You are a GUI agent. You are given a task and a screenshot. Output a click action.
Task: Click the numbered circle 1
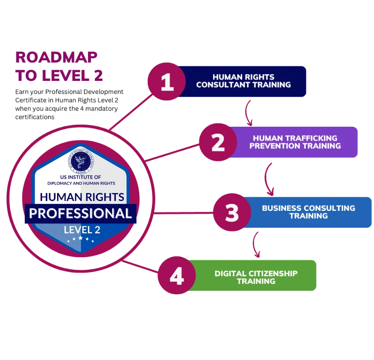(x=167, y=82)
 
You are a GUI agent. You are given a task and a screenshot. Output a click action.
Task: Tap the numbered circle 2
(x=218, y=142)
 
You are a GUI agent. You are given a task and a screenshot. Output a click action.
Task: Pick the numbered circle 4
(x=176, y=277)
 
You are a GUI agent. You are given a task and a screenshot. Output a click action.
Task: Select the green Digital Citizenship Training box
(x=256, y=277)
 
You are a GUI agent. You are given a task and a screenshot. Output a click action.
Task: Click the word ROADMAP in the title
(x=56, y=58)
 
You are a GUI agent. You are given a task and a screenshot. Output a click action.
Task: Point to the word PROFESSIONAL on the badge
(x=80, y=214)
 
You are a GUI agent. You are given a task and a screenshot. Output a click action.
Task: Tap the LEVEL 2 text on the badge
(x=82, y=229)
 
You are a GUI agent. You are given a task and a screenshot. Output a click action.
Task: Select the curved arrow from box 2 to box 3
(x=267, y=178)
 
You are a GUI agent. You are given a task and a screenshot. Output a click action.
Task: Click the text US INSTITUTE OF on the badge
(x=80, y=177)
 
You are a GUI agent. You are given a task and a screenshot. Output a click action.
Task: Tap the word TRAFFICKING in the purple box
(x=313, y=138)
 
